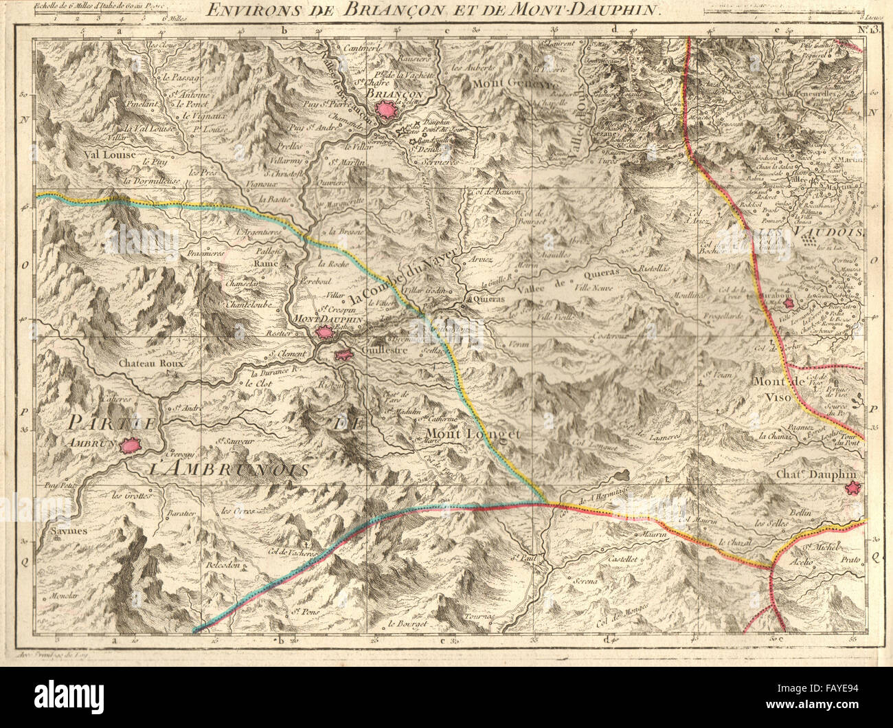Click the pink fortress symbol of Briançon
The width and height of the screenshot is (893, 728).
click(387, 110)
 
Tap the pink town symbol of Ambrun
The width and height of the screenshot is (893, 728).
click(129, 446)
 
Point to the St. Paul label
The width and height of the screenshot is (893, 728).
click(525, 558)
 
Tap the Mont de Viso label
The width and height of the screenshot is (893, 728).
click(777, 390)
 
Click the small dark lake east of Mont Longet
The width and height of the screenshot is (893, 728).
click(623, 474)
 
